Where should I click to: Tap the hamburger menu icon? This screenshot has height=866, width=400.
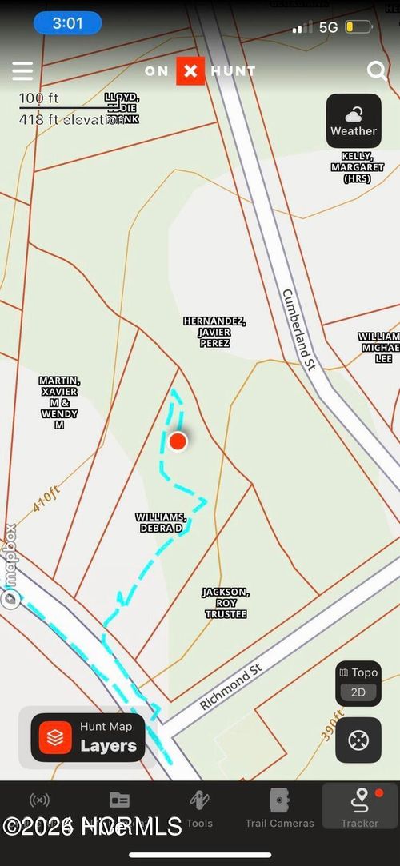point(22,71)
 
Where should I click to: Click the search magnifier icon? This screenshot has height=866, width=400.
point(377,71)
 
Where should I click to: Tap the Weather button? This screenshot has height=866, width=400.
point(354,121)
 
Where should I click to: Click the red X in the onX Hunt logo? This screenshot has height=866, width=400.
point(190,71)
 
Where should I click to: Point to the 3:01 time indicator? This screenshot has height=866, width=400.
point(67,23)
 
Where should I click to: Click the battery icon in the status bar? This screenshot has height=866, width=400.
point(358,27)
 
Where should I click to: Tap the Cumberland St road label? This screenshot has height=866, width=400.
point(300,329)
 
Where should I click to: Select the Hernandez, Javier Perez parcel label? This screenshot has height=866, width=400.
point(214,332)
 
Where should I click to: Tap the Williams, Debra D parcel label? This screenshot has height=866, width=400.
point(161,523)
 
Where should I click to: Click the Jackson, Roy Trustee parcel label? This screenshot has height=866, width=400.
point(225,603)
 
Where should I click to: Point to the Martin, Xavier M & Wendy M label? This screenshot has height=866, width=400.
point(59,402)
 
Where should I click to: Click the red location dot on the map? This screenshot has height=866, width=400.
point(178,441)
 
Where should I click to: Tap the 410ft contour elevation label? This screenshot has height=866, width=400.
point(46,500)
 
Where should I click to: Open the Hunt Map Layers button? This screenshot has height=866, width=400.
point(88,737)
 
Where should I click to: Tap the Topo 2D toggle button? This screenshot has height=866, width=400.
point(358,684)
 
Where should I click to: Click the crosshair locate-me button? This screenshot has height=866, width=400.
point(358,741)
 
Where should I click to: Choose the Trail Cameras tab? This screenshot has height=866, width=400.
point(279,808)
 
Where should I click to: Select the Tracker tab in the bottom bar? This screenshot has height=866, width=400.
point(360,808)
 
